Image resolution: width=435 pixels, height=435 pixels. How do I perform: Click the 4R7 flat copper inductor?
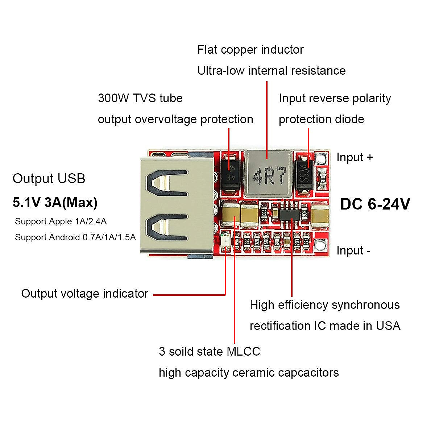[x=268, y=173]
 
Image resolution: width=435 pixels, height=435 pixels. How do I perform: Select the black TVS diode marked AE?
[x=229, y=173]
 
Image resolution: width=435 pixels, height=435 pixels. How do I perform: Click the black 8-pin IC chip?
[x=289, y=215]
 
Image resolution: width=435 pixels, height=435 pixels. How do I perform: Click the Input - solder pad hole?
[x=320, y=246]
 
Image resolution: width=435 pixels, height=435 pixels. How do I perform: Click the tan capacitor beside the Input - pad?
[x=320, y=215]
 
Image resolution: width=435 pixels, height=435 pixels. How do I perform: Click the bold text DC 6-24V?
[x=375, y=204]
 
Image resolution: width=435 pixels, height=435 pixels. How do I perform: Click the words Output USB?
[x=49, y=179]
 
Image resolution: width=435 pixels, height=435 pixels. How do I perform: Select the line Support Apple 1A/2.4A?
[x=61, y=221]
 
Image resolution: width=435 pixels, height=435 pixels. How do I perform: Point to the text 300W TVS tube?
[x=140, y=98]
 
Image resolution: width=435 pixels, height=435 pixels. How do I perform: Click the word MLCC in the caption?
[x=243, y=352]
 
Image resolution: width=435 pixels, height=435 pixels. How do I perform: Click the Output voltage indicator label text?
[x=84, y=294]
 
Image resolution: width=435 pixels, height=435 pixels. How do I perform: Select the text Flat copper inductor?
[x=250, y=50]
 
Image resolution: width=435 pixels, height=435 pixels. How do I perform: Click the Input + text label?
[x=354, y=157]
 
